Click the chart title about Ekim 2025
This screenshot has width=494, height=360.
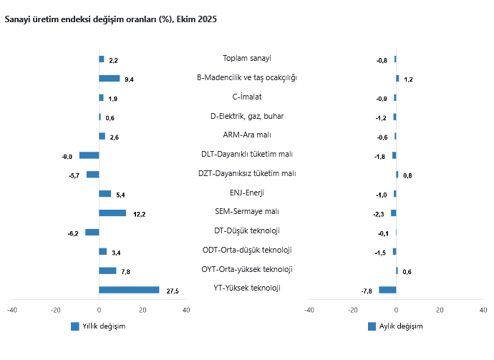click(x=110, y=19)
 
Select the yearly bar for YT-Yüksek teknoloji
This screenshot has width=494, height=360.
click(x=129, y=290)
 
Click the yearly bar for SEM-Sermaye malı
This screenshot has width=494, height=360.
click(x=112, y=213)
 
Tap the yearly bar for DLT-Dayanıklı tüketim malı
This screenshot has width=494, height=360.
click(x=89, y=155)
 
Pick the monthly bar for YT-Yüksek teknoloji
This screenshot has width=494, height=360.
click(x=387, y=290)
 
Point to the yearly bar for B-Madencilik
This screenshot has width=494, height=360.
click(x=109, y=78)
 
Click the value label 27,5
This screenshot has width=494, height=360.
click(x=173, y=291)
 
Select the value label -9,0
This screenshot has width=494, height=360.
click(x=67, y=156)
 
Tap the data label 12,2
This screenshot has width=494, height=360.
click(x=140, y=214)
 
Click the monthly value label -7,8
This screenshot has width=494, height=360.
click(x=367, y=291)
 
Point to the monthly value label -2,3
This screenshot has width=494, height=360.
click(x=379, y=214)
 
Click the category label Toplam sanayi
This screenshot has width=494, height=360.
click(x=247, y=58)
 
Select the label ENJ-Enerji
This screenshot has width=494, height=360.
click(x=247, y=193)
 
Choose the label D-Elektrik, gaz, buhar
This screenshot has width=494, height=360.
click(x=247, y=116)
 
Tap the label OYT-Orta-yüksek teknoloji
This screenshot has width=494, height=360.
click(x=247, y=269)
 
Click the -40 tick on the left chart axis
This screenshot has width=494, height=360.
click(x=12, y=310)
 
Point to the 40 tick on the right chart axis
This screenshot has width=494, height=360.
click(x=483, y=310)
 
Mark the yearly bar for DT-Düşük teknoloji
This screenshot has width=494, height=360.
click(x=92, y=232)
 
